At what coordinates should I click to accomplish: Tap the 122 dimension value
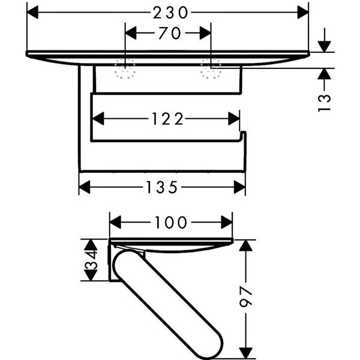pos(167,119)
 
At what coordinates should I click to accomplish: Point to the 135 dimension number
pos(162,188)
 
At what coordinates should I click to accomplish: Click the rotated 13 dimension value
pos(324,101)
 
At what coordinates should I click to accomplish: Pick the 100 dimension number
pos(171,223)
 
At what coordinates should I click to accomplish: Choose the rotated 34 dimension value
pos(91,260)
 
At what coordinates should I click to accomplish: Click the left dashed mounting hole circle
pos(125,70)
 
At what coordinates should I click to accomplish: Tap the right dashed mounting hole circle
pos(211,70)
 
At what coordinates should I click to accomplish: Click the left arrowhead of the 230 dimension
pos(34,11)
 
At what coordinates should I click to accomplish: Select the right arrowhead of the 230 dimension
pos(303,11)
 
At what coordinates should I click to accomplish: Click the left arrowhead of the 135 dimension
pos(85,188)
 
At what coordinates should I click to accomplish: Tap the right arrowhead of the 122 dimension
pos(234,119)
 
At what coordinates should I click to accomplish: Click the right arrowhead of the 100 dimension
pos(227,223)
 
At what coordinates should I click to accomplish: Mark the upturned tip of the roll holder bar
pos(243,137)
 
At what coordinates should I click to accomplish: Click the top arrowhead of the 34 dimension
pos(91,245)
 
